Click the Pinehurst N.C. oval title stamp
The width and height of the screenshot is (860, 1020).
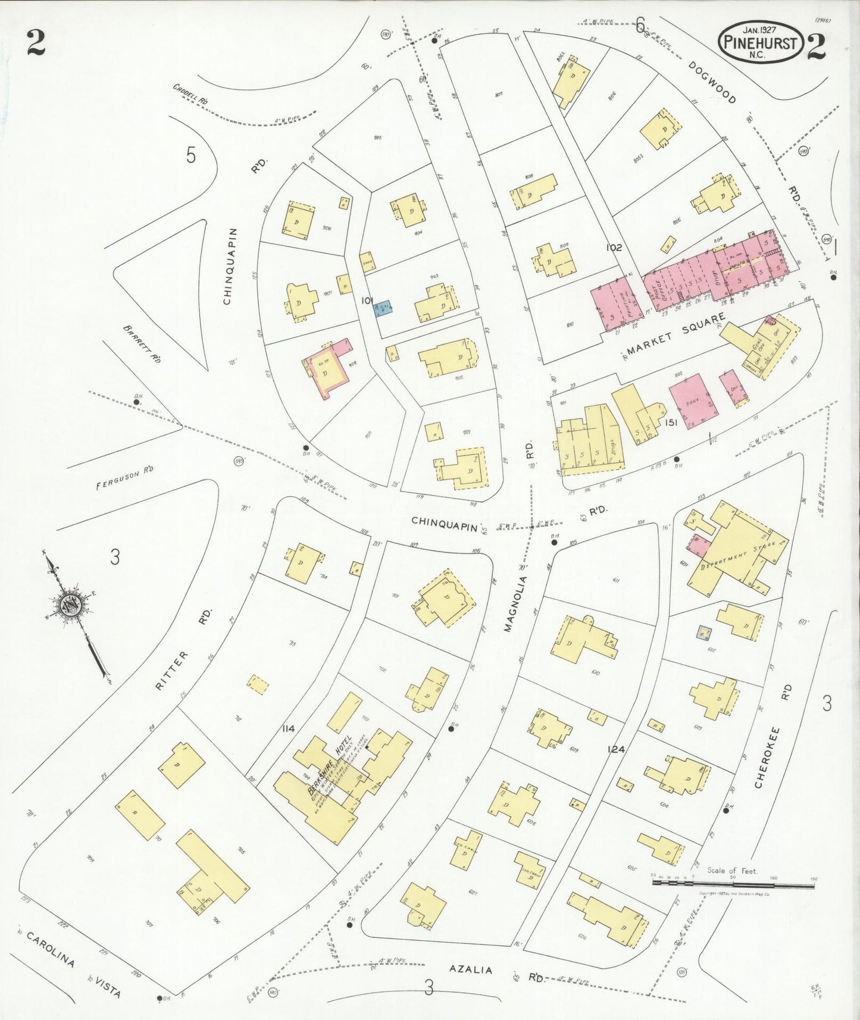tap(761, 42)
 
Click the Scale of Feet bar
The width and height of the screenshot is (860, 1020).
tap(733, 883)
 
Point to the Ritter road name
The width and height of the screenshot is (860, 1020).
tap(173, 670)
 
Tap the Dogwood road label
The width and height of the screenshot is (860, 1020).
tap(712, 82)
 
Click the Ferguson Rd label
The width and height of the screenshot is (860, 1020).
tap(126, 477)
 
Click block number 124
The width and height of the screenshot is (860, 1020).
tap(616, 749)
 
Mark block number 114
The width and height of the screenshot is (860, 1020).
tap(289, 728)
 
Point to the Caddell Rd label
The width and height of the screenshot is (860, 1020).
tap(190, 94)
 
